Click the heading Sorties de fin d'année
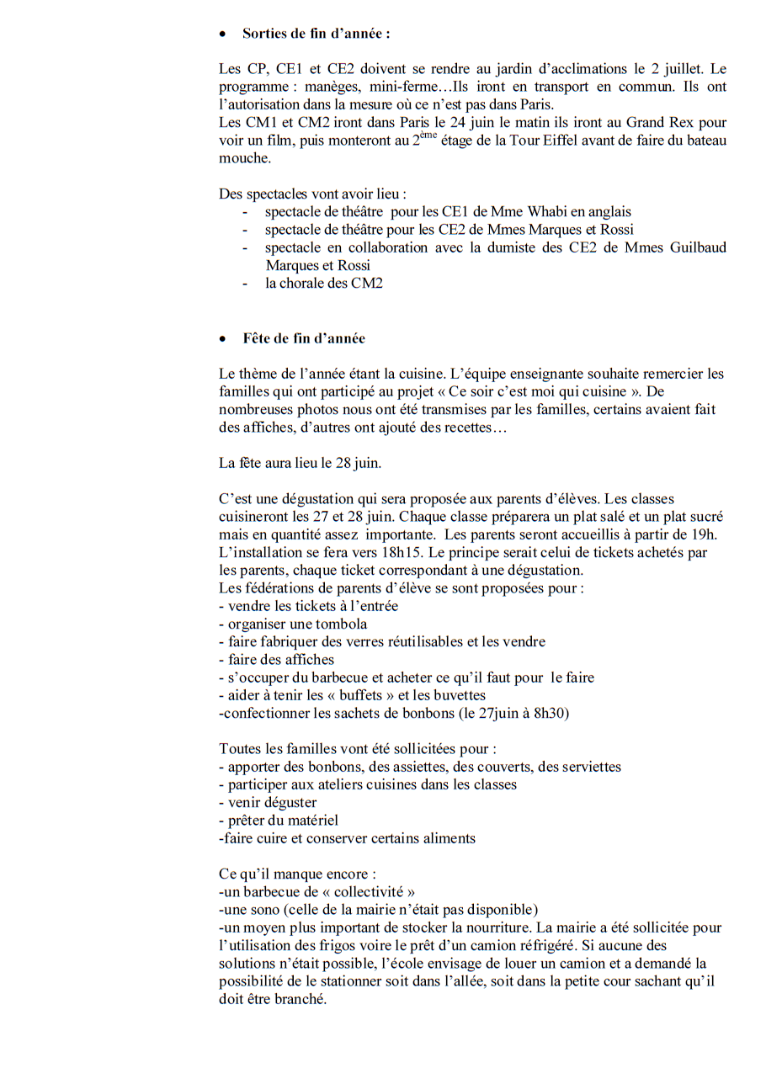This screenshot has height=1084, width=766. pyautogui.click(x=316, y=34)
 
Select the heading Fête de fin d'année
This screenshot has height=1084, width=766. pyautogui.click(x=304, y=338)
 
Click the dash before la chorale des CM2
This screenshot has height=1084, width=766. pyautogui.click(x=245, y=284)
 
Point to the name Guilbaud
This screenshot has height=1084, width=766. pyautogui.click(x=694, y=247)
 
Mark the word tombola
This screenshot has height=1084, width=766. pyautogui.click(x=341, y=624)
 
